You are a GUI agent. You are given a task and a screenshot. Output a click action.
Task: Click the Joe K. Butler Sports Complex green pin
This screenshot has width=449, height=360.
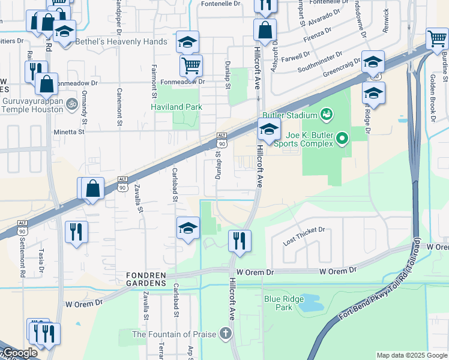(x=342, y=139)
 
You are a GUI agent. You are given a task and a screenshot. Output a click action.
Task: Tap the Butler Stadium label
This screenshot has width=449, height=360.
(x=289, y=115)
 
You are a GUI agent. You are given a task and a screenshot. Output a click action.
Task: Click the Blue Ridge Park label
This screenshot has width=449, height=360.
(x=279, y=302)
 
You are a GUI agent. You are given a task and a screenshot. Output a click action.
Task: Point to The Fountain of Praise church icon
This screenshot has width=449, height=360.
(x=226, y=333)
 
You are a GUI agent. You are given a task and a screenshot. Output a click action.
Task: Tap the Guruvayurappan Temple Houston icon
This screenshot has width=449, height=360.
(x=72, y=103)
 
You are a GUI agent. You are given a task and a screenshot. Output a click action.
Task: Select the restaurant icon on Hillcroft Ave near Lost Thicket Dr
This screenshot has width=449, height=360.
(x=240, y=240)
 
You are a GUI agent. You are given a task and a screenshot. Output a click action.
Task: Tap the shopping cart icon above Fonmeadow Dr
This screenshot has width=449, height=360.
(x=191, y=64)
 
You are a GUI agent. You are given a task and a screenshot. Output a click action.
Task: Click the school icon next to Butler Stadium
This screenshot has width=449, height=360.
(x=269, y=129)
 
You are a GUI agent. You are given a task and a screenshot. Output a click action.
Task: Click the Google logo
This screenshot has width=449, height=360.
(x=20, y=353)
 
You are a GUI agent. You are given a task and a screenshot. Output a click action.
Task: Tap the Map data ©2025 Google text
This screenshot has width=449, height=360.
(x=411, y=355)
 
